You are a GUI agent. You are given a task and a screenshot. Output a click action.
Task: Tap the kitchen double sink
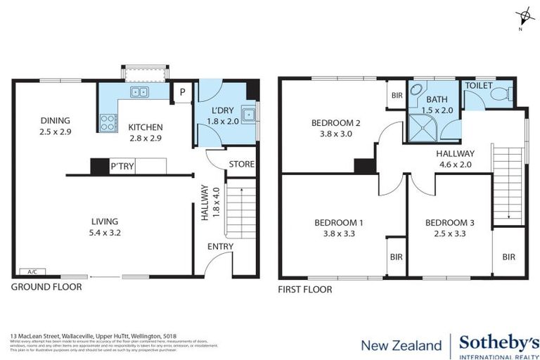click(x=139, y=91)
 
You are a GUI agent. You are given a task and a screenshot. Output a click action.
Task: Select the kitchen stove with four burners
click(x=108, y=123)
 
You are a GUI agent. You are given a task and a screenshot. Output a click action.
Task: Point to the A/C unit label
click(x=32, y=271)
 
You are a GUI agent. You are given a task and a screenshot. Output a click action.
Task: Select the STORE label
click(x=240, y=165)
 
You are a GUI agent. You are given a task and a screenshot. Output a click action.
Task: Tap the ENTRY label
click(x=221, y=246)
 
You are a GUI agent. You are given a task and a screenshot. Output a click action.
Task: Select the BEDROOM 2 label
click(x=335, y=123)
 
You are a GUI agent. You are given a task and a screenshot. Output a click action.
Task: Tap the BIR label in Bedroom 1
click(x=396, y=257)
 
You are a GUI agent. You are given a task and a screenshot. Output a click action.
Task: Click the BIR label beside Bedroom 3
click(x=508, y=257)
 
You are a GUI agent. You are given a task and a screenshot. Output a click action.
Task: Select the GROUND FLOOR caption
click(x=46, y=287)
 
